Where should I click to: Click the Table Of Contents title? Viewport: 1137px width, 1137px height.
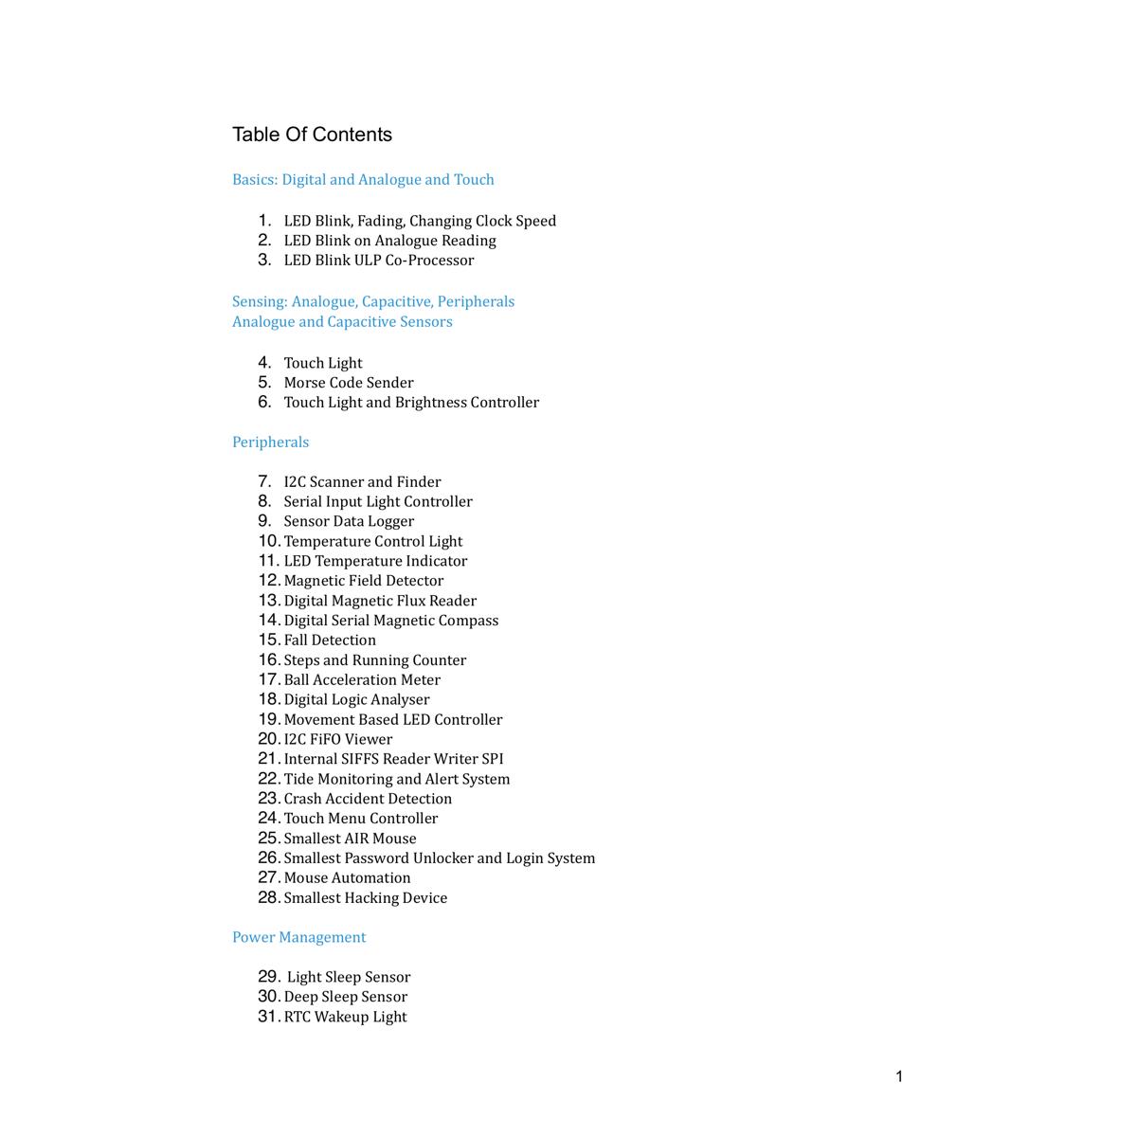[312, 135]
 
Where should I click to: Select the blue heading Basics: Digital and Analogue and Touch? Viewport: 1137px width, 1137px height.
[363, 179]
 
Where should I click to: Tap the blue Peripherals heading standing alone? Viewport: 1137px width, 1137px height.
[270, 442]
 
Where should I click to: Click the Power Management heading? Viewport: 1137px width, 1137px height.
[298, 937]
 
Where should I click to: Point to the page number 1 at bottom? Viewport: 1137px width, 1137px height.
[899, 1076]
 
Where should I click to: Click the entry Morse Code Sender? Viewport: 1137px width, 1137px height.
[348, 383]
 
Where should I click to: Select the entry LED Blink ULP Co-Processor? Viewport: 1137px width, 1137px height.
[378, 260]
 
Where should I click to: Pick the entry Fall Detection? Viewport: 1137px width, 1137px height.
[330, 641]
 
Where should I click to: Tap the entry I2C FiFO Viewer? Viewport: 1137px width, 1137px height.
[337, 739]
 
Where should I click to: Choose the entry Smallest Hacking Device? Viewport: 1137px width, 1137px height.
[365, 898]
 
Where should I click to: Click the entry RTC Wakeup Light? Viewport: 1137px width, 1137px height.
[345, 1017]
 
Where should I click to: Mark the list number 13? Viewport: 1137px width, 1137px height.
[268, 601]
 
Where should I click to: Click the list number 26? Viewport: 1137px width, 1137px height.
[268, 857]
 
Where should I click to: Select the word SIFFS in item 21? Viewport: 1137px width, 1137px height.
[359, 759]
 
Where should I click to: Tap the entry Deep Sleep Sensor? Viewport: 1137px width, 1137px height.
[345, 997]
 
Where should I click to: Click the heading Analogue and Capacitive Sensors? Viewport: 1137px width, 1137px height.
[342, 321]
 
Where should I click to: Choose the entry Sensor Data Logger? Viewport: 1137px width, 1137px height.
[349, 521]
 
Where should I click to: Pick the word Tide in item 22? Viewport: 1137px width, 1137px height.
[298, 779]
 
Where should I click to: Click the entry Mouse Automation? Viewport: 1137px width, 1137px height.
[347, 878]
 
